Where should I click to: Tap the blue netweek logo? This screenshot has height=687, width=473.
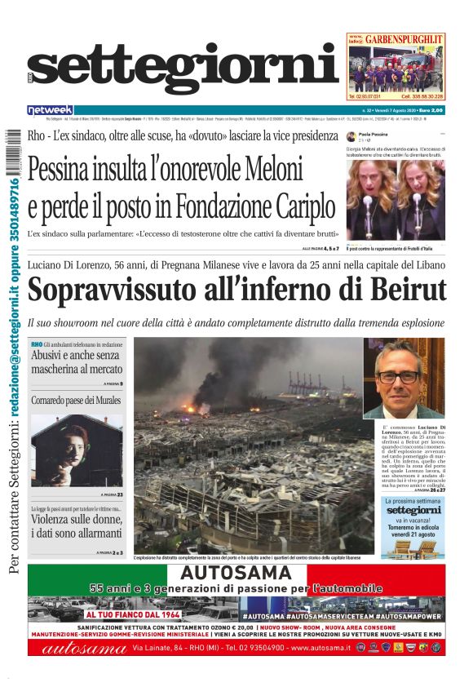pos(50,109)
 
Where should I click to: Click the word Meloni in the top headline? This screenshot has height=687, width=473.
pos(262,170)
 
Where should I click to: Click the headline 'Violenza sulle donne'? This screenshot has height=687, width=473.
pos(77,523)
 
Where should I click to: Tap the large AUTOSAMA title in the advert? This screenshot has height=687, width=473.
pos(236,573)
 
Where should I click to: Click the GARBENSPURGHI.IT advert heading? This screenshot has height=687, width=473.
pos(404,39)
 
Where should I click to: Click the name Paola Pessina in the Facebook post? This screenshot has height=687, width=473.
pos(374,134)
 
